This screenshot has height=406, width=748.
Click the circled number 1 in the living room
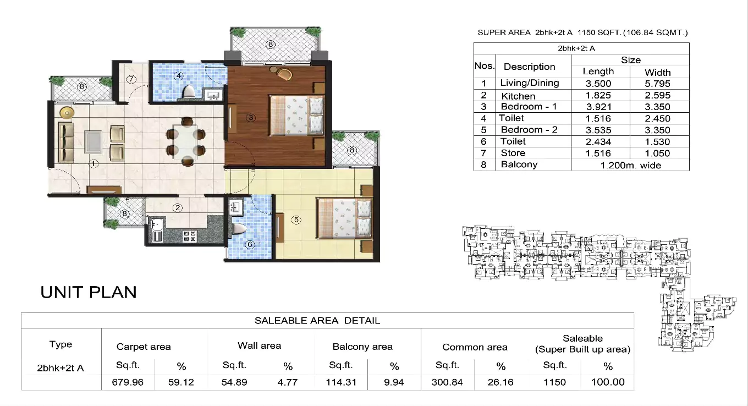click(94, 163)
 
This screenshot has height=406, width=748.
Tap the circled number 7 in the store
click(131, 79)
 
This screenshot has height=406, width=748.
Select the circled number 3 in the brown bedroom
click(250, 117)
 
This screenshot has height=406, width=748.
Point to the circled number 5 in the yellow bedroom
click(296, 220)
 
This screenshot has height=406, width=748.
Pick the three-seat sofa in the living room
click(67, 141)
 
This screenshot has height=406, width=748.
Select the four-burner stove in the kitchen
click(190, 236)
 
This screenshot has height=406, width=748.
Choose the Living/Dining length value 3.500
click(598, 84)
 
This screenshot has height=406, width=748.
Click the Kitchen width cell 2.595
click(657, 96)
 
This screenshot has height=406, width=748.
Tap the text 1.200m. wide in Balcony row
click(630, 165)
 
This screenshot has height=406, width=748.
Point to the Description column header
click(529, 67)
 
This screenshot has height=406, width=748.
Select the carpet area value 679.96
click(128, 382)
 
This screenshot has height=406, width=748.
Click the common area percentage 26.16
click(501, 382)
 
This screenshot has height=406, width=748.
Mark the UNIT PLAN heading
click(89, 292)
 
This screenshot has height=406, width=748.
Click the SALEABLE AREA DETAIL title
click(317, 320)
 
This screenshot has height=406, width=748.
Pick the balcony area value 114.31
click(340, 382)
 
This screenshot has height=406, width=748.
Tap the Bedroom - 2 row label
click(529, 130)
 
